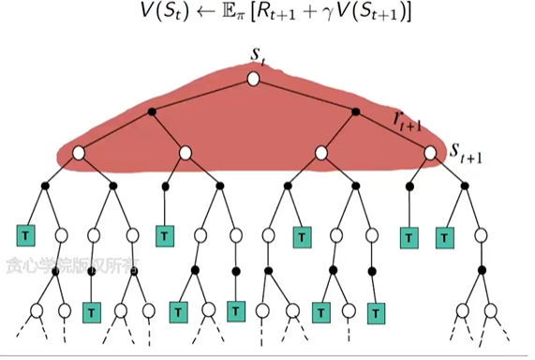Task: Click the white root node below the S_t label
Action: click(253, 79)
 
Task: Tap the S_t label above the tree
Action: click(257, 56)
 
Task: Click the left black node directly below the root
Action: click(152, 113)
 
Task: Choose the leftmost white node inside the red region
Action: click(79, 152)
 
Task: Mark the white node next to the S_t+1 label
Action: click(430, 152)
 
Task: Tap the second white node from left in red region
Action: click(186, 152)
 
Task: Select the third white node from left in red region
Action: click(321, 152)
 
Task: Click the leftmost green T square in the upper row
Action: click(25, 232)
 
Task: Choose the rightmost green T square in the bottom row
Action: click(375, 310)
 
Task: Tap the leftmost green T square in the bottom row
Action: click(92, 310)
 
